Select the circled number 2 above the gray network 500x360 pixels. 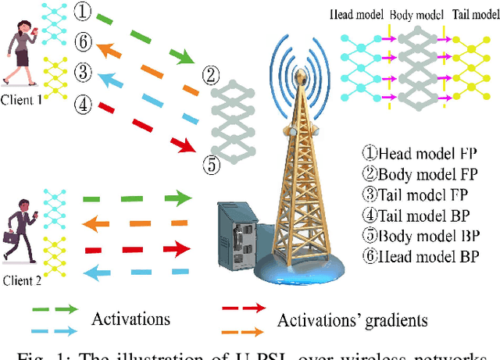point(209,75)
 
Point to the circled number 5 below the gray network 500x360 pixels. point(209,166)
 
